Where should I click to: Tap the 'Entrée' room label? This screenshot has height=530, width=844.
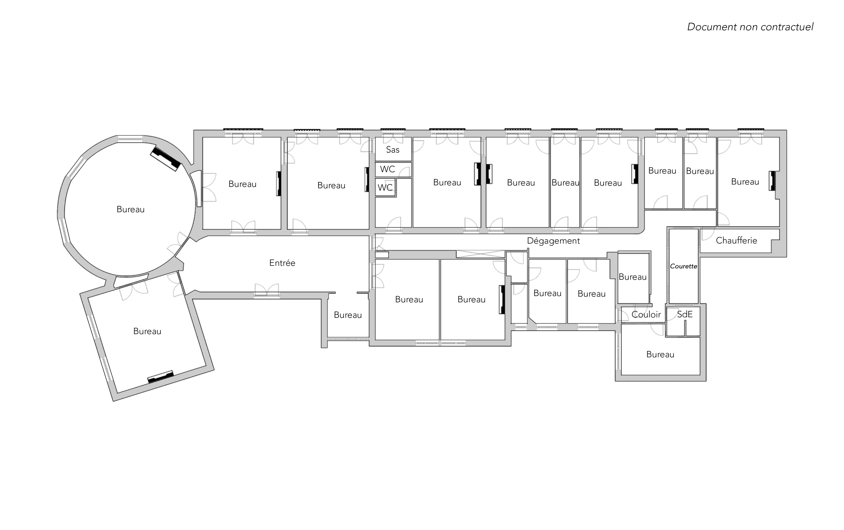[282, 263]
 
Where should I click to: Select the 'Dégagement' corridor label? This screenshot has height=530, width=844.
[553, 241]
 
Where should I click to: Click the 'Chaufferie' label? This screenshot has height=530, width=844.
[736, 240]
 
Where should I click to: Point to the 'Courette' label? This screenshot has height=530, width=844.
[683, 266]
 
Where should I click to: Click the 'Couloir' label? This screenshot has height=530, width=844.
[646, 314]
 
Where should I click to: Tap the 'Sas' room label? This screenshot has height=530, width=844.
[393, 150]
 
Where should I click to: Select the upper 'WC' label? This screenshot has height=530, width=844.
[387, 169]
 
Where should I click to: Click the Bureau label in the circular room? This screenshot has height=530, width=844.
[130, 209]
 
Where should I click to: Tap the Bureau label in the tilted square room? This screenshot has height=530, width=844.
[147, 331]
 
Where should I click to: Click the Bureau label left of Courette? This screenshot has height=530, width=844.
[633, 277]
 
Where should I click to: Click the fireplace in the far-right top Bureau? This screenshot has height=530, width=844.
[772, 181]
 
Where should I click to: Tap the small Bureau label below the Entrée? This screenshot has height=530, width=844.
[348, 315]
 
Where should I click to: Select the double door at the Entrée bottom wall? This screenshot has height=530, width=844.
[267, 290]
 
